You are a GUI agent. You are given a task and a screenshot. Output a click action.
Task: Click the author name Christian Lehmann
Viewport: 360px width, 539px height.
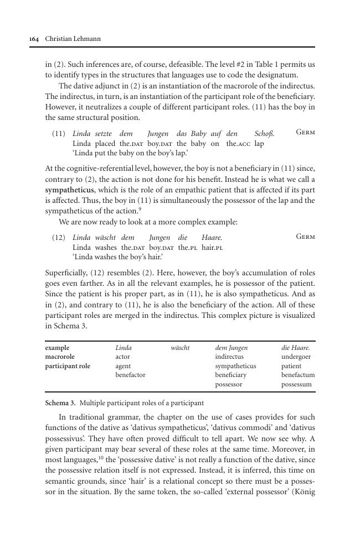(69, 39)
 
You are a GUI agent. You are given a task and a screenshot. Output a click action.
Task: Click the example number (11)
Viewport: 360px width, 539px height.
(59, 134)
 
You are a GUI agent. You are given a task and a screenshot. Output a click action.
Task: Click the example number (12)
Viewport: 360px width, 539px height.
(59, 237)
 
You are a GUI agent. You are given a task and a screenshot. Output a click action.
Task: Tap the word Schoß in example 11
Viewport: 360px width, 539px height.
(264, 134)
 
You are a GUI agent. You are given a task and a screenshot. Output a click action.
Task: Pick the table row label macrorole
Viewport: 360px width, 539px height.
(60, 357)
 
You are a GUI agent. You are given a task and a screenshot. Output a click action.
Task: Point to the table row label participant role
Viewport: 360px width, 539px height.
(68, 366)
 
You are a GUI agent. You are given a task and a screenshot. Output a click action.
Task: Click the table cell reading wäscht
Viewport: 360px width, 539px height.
(180, 348)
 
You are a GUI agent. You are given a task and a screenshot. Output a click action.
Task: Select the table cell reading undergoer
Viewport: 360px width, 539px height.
(295, 357)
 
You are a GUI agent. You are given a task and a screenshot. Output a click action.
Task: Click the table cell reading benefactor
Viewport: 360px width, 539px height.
(130, 375)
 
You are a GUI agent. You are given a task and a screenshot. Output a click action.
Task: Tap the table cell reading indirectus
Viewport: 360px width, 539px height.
(229, 357)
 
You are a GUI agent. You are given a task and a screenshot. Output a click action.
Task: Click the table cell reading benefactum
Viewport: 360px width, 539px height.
(298, 375)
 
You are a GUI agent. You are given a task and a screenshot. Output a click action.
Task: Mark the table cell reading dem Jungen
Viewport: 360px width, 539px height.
(232, 348)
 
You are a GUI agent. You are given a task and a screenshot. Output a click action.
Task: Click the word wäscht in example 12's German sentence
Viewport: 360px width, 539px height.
(105, 237)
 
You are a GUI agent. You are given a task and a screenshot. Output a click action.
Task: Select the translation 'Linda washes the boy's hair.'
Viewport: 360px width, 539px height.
(117, 257)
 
